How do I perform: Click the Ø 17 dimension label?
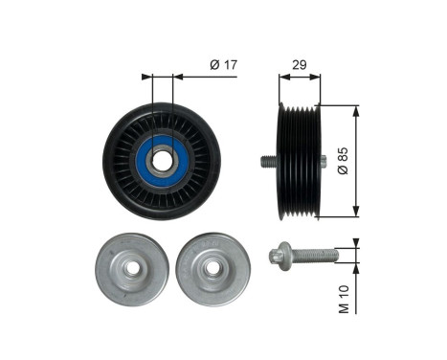point(224,65)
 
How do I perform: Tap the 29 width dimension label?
point(300,65)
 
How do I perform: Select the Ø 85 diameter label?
point(344,161)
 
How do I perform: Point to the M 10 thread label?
point(344,299)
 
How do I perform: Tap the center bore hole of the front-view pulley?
point(162,161)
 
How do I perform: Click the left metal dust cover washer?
point(132,269)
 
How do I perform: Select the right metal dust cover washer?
point(213,269)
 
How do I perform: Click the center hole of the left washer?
point(132,269)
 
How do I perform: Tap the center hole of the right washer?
point(212,268)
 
